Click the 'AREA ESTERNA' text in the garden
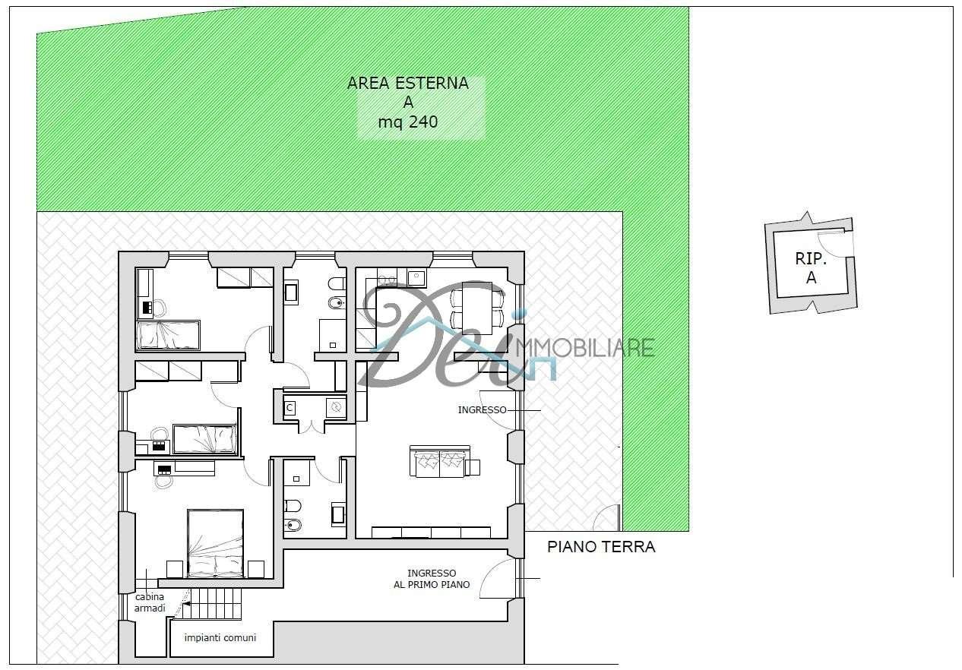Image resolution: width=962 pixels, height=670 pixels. click(407, 83)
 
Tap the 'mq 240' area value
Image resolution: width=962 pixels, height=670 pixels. click(407, 122)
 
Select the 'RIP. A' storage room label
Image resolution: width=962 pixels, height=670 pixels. click(811, 268)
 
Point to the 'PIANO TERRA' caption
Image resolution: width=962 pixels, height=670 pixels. click(601, 547)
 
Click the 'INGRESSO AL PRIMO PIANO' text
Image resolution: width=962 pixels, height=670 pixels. click(432, 579)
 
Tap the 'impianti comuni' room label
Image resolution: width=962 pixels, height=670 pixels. click(220, 638)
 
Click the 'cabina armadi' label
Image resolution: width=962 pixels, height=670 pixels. click(150, 602)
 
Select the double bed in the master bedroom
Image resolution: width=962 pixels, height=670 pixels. click(216, 543)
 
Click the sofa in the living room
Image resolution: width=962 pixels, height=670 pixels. click(440, 461)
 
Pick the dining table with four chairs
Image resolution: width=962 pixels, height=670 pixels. click(477, 308)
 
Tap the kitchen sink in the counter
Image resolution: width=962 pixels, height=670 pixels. click(416, 278)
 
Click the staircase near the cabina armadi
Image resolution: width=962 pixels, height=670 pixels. click(210, 604)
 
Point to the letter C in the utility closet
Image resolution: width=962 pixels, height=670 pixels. click(290, 407)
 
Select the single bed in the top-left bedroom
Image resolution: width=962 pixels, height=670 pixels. click(169, 335)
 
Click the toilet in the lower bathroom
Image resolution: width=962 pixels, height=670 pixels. click(293, 507)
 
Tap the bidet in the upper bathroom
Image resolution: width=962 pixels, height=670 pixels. click(337, 304)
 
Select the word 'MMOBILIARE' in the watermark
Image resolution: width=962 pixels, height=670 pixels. click(585, 348)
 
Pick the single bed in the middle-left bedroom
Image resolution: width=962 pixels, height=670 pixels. click(204, 438)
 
